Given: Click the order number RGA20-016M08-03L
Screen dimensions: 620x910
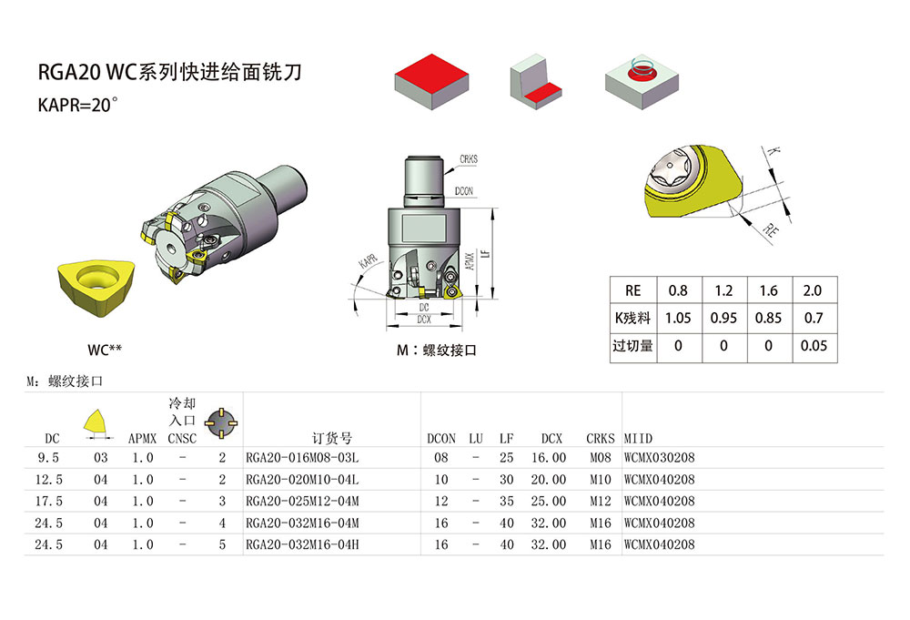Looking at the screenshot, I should click(302, 458).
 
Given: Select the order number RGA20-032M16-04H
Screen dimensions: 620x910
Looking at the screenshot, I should click(302, 545).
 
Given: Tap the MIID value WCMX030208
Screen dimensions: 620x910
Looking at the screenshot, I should click(659, 458).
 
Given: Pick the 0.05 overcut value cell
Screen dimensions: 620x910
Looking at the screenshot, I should click(813, 346).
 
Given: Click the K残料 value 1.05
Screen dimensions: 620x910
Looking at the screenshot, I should click(678, 319).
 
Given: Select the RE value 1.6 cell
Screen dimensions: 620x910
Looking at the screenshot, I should click(768, 290).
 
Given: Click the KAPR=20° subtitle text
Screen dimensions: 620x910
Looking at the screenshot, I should click(78, 105).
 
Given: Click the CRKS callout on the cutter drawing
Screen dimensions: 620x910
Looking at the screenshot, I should click(469, 159).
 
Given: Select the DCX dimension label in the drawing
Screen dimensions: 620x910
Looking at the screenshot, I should click(423, 320).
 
